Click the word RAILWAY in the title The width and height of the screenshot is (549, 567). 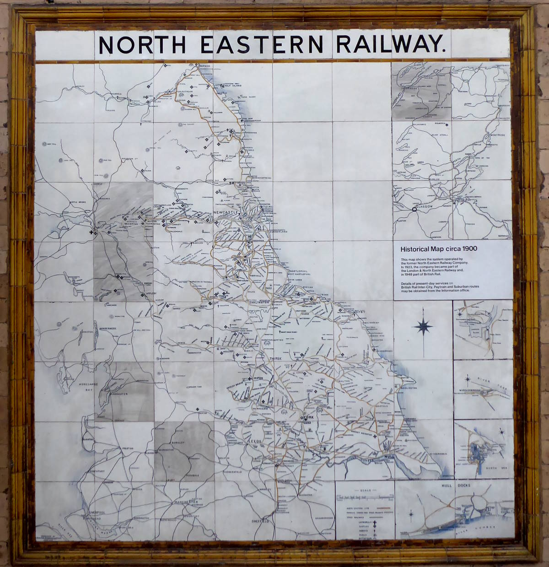coord(390,44)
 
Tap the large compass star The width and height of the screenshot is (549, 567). coord(423,327)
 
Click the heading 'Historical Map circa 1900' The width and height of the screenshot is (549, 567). coord(439,249)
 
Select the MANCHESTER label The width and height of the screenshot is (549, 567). coord(184,502)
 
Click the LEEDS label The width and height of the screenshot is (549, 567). coord(254,441)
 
